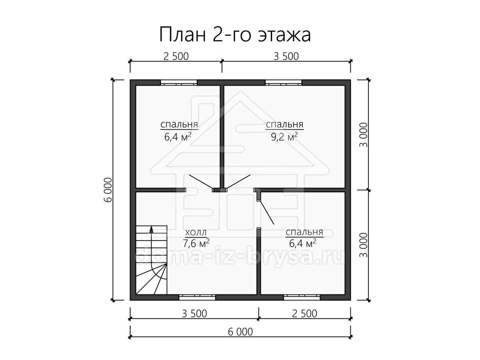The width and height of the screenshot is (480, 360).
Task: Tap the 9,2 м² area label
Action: (x=284, y=137)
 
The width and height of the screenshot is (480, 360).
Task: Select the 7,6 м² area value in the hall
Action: (x=196, y=244)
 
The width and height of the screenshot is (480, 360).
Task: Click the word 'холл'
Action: (x=196, y=232)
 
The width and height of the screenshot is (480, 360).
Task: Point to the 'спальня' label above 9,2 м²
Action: (x=284, y=124)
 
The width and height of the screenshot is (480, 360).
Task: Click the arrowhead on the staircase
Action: (x=151, y=229)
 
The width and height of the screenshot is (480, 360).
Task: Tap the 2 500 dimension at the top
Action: (x=176, y=56)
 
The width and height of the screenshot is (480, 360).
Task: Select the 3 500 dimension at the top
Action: (x=286, y=56)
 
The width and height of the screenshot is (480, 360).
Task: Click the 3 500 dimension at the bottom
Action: (x=194, y=314)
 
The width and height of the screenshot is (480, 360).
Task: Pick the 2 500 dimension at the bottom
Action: (x=305, y=314)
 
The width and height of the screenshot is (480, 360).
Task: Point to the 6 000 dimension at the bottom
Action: (x=240, y=332)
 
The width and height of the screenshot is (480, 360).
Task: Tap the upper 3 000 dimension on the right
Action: (x=364, y=135)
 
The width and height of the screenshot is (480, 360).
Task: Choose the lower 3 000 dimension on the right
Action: (x=364, y=245)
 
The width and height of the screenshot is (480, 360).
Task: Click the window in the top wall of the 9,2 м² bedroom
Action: (x=284, y=83)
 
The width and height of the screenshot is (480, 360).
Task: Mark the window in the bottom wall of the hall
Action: (x=198, y=297)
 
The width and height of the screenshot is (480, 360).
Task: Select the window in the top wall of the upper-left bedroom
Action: (x=179, y=83)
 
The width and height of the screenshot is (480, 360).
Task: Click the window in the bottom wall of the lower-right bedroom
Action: (x=302, y=297)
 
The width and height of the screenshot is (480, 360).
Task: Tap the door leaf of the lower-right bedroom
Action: (x=267, y=212)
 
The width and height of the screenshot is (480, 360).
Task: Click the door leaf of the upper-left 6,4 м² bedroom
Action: (x=201, y=182)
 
